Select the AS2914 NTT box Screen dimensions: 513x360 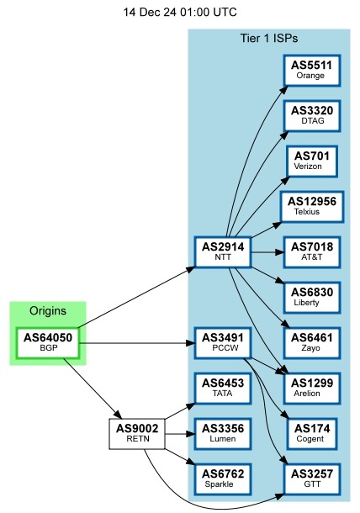pos(223,251)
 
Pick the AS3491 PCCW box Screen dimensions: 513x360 pos(223,343)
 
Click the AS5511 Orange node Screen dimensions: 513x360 pos(311,69)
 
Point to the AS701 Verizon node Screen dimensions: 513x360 pos(311,161)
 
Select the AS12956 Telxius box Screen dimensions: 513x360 pos(311,206)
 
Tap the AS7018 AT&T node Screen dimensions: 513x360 pos(311,251)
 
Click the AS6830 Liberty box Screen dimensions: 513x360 pos(311,297)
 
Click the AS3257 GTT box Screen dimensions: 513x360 pos(311,479)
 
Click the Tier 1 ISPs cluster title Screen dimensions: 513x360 pos(268,39)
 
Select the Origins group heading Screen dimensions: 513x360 pos(48,311)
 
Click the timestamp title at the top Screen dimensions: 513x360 pos(180,13)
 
